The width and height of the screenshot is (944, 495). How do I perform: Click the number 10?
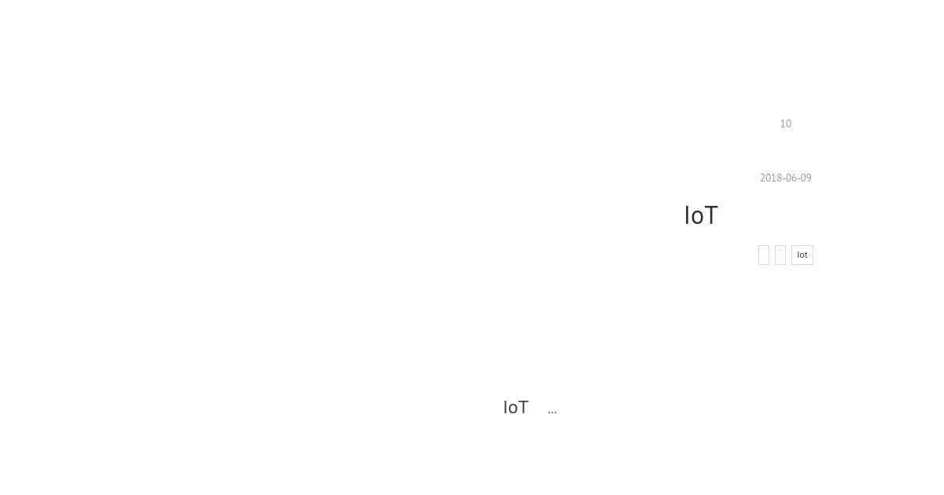click(786, 124)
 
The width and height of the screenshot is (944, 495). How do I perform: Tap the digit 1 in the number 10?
click(783, 124)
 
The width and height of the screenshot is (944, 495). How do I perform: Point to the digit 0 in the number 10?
click(788, 124)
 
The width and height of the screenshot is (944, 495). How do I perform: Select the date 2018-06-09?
click(786, 178)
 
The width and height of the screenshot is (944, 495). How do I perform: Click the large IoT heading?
click(701, 215)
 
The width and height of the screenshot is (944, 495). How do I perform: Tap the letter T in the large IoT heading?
click(710, 215)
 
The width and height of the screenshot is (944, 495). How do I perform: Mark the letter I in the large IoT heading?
click(687, 215)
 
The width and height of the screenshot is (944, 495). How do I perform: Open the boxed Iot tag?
click(802, 255)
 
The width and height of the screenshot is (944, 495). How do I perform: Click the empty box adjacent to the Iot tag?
click(780, 255)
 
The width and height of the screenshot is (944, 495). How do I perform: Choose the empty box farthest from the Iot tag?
click(764, 255)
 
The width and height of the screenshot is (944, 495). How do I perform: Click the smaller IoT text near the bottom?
click(516, 408)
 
